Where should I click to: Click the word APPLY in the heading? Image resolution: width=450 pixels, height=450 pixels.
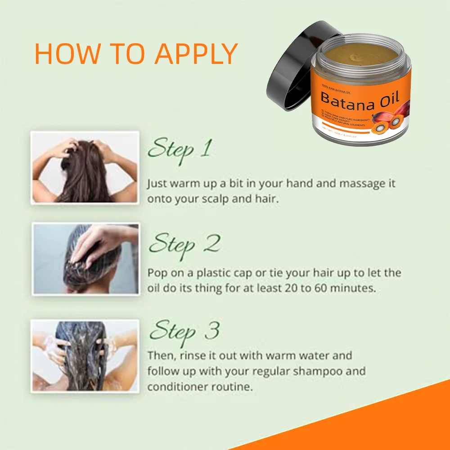click(x=196, y=54)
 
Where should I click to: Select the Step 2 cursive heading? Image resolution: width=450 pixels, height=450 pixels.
click(x=184, y=244)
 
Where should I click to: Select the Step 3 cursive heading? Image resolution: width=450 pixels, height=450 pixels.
click(x=184, y=332)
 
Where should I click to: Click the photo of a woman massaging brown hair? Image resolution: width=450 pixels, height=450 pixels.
click(x=85, y=168)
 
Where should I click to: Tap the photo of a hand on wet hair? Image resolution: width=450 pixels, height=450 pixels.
click(x=85, y=259)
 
